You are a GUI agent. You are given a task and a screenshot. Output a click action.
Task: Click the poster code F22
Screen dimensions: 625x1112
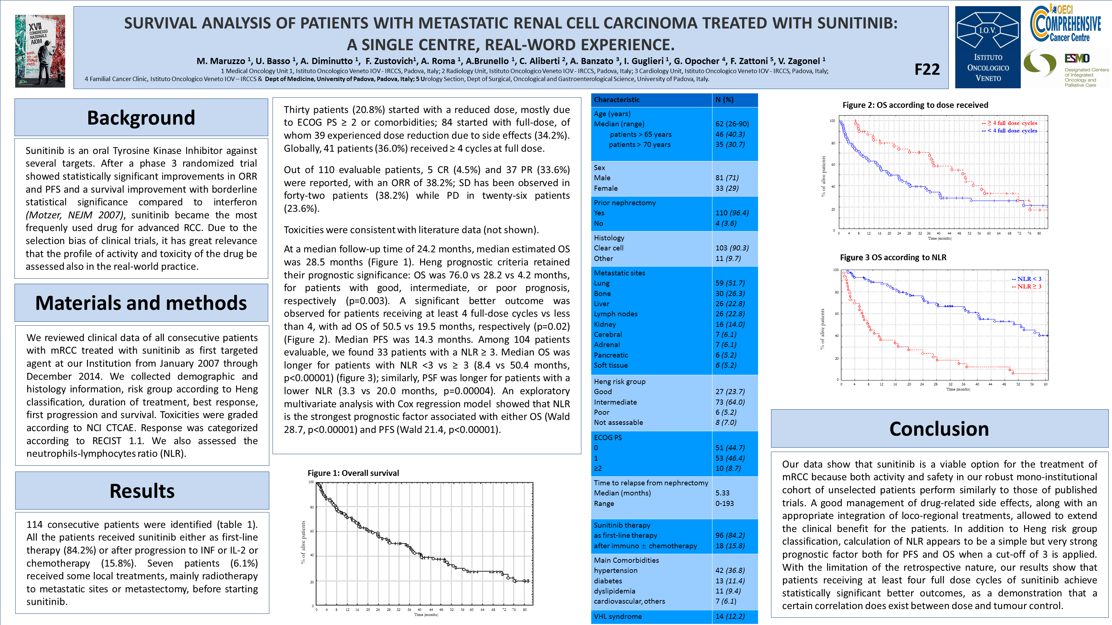pos(927,69)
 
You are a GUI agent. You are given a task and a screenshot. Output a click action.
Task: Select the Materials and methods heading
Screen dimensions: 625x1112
pos(141,303)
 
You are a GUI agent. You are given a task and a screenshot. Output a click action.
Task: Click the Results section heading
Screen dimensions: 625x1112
pos(142,491)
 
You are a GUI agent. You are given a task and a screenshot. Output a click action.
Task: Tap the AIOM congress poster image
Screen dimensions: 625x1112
pos(40,51)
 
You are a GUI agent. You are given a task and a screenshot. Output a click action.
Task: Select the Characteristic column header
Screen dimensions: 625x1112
pos(616,100)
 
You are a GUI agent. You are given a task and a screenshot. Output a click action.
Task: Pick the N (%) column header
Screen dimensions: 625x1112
pos(724,100)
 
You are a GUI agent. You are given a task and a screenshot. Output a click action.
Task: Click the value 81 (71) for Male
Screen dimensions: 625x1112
pos(727,178)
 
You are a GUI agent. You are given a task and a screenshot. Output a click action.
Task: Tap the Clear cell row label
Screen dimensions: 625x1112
pos(608,248)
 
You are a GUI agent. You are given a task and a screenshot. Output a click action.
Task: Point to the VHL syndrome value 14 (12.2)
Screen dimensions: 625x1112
pos(730,616)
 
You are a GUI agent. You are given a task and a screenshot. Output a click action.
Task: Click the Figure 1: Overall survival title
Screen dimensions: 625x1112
pos(353,473)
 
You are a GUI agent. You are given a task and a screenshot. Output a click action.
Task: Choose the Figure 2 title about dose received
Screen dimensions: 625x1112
pos(915,105)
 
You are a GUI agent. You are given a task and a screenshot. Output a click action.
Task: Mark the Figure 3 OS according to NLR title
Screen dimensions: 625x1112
pos(893,258)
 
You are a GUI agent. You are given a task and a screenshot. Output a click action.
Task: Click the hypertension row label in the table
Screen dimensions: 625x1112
pos(616,571)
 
